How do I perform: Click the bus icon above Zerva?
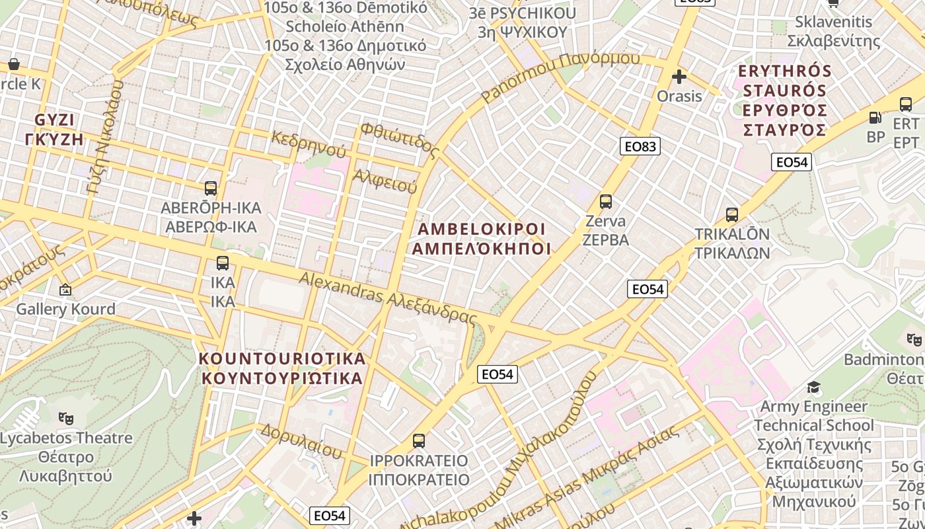tap(605, 202)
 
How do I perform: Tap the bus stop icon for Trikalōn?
tap(731, 215)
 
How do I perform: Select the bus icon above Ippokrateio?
tap(418, 441)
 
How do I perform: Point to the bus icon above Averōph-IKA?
tap(211, 188)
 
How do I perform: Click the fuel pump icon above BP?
tap(875, 118)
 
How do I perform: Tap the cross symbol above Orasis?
tap(679, 77)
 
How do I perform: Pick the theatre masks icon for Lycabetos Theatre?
tap(65, 418)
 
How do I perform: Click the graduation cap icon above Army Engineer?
tap(813, 387)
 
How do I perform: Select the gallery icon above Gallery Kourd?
tap(65, 290)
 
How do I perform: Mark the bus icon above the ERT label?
tap(906, 104)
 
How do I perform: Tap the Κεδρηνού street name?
tap(308, 144)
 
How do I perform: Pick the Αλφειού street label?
tap(385, 181)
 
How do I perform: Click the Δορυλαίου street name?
tap(301, 441)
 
